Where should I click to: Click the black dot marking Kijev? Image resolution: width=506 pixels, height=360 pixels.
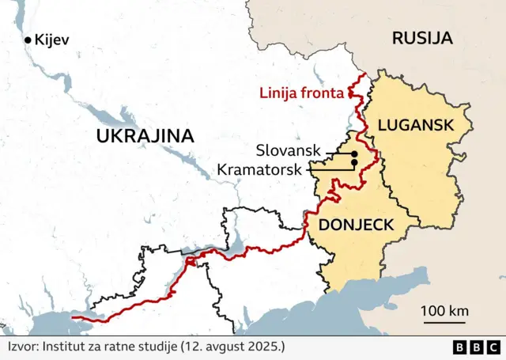(x=28, y=40)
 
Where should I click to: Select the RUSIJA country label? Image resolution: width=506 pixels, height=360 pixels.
(x=422, y=37)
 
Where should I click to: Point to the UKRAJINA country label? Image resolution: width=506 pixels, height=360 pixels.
(x=145, y=135)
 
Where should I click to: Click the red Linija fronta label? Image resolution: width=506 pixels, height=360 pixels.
(x=302, y=93)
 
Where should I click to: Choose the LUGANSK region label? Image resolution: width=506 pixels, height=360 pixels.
(x=415, y=124)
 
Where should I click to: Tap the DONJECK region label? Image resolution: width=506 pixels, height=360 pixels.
(x=355, y=225)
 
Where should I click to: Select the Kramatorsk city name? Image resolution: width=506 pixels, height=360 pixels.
(x=262, y=169)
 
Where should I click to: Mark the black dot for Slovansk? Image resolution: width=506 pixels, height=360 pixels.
(x=354, y=153)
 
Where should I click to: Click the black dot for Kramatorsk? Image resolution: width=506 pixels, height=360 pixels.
(x=354, y=163)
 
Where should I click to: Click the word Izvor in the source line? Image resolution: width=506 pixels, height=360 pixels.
(x=22, y=347)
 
